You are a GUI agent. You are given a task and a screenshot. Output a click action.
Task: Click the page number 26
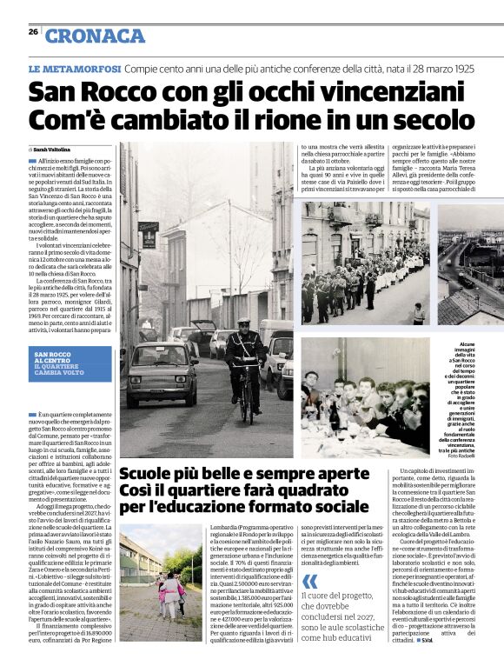[x=33, y=31]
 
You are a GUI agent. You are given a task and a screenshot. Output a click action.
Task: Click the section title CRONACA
[x=95, y=36]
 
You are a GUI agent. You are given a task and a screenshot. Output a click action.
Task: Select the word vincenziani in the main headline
[x=370, y=91]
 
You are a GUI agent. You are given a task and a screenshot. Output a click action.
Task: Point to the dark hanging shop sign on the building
[x=148, y=234]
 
